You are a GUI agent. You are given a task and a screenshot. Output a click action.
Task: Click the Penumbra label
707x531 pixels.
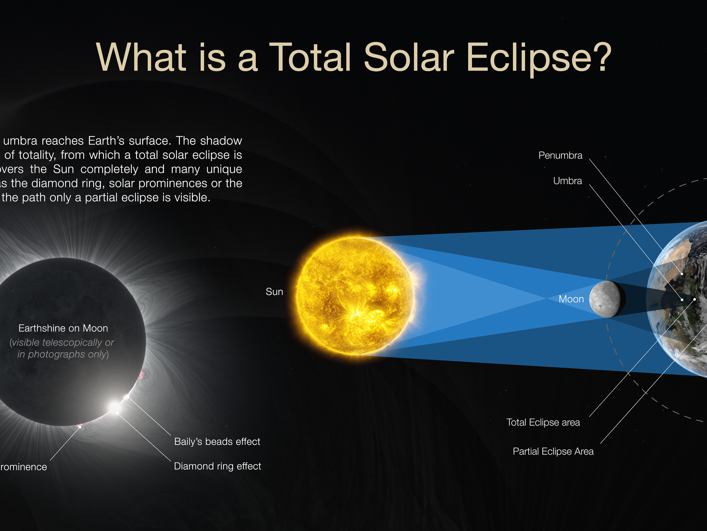(x=560, y=156)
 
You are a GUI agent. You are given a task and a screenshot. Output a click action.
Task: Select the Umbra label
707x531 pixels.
(x=568, y=181)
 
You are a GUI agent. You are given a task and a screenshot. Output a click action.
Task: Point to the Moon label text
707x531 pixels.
(x=571, y=299)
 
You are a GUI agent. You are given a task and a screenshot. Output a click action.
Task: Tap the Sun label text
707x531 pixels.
(x=274, y=292)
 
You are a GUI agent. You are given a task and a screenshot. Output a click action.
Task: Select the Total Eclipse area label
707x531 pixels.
(x=543, y=422)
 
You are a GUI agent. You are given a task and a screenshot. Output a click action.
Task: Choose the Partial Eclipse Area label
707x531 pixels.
(x=553, y=451)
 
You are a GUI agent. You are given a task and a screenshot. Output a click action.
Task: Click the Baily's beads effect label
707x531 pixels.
(x=217, y=442)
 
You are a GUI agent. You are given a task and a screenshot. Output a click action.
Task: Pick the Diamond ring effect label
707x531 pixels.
(x=217, y=466)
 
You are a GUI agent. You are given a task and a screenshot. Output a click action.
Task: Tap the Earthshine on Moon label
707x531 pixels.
(x=63, y=328)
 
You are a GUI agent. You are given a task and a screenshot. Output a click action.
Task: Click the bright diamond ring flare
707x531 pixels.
(x=114, y=407)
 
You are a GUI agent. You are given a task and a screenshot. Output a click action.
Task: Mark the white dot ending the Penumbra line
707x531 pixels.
(x=682, y=274)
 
